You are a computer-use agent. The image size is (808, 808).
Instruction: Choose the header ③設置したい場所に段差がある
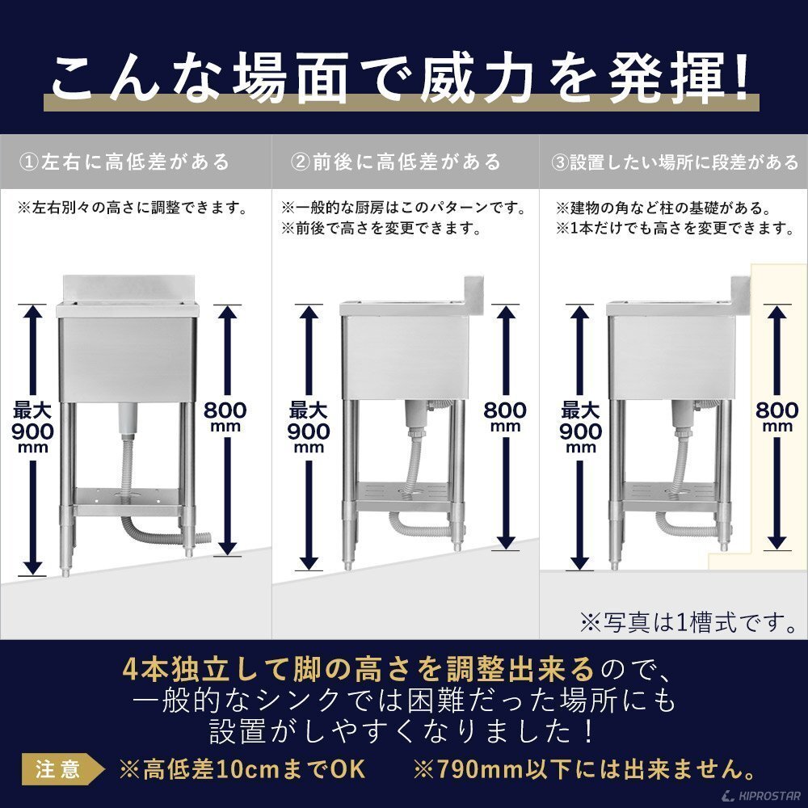pyautogui.click(x=675, y=162)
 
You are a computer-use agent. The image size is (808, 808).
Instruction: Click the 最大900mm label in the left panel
pyautogui.click(x=32, y=429)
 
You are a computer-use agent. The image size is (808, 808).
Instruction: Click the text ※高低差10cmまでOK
pyautogui.click(x=242, y=768)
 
